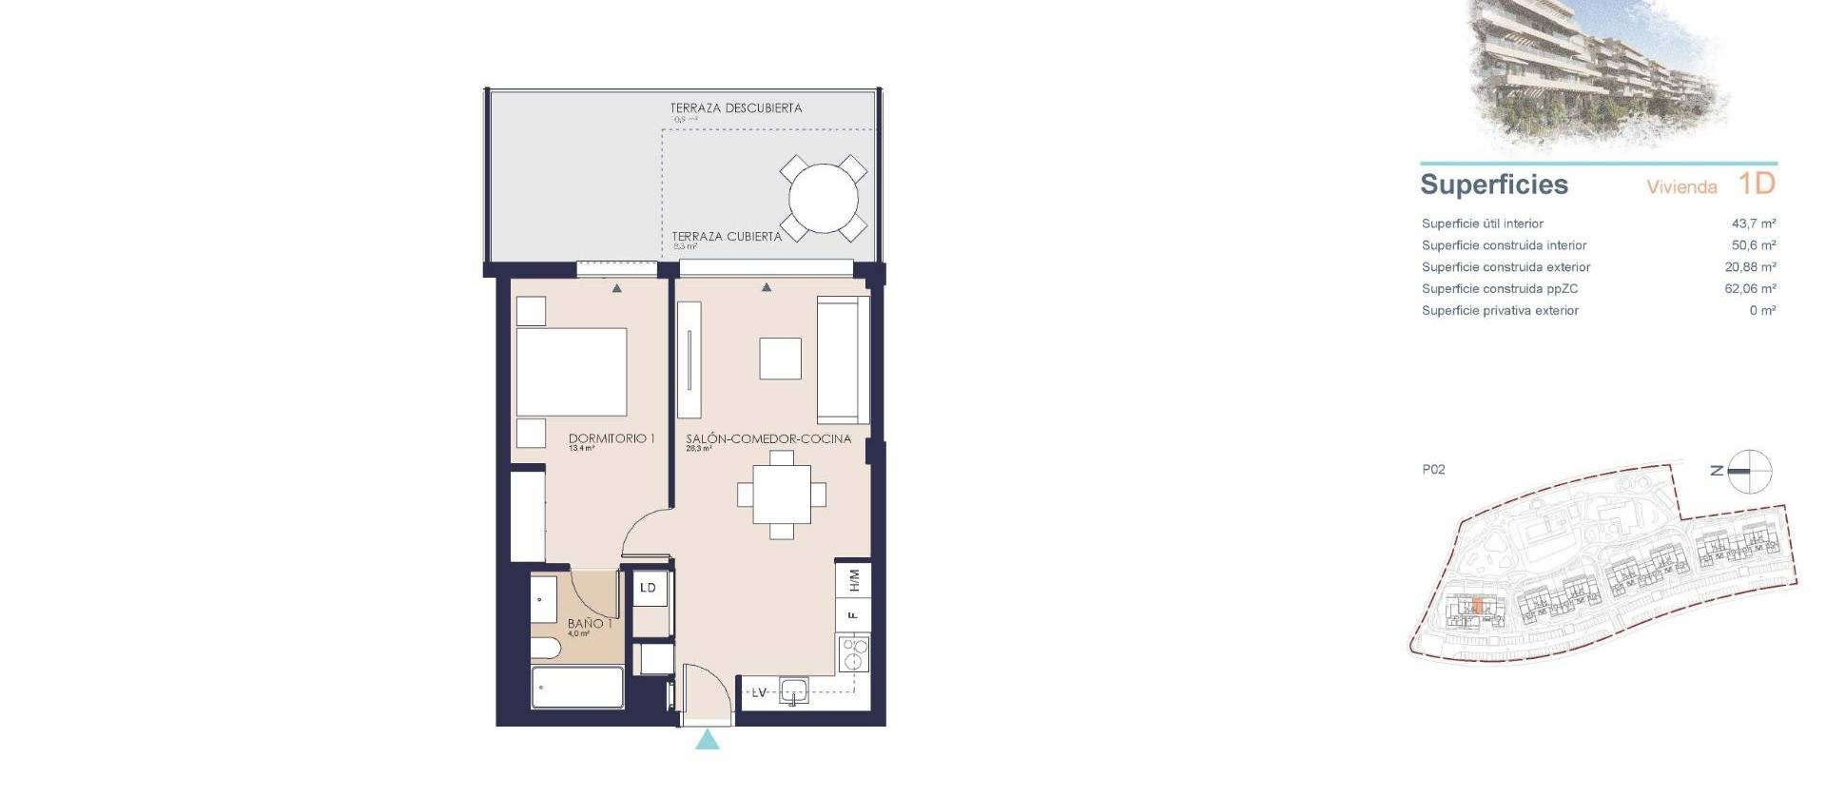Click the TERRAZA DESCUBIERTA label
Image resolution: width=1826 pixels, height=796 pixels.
[x=735, y=108]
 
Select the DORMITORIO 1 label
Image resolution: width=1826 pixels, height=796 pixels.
[x=612, y=438]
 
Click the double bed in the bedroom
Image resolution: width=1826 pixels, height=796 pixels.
[x=571, y=372]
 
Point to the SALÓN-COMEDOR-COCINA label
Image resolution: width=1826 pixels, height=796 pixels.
[x=768, y=438]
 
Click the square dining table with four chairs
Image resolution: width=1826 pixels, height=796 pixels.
[x=782, y=495]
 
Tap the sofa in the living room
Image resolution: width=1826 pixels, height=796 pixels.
[x=843, y=359]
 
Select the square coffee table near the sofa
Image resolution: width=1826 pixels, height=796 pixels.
[x=780, y=359]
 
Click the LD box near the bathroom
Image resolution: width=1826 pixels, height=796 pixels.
[x=648, y=588]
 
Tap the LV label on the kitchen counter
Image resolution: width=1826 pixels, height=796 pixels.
[x=759, y=692]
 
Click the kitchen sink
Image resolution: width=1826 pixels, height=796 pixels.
[x=793, y=691]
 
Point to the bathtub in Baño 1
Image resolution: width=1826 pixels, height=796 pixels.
[x=576, y=687]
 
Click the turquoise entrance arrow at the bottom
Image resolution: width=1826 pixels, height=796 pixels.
[x=707, y=740]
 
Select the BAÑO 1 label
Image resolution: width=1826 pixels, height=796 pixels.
[x=589, y=624]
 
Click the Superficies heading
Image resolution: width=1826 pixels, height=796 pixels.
[x=1493, y=184]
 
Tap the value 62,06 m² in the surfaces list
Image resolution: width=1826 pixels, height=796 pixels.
[x=1749, y=288]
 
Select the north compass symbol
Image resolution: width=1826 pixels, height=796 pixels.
[x=1748, y=471]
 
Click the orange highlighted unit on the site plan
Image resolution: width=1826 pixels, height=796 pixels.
[x=1477, y=606]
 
